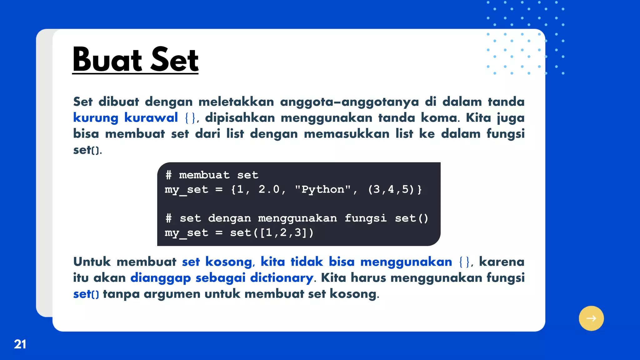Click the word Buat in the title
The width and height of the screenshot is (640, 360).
pyautogui.click(x=107, y=59)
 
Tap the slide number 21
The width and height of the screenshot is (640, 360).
pyautogui.click(x=20, y=344)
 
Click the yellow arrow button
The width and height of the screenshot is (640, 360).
pyautogui.click(x=591, y=318)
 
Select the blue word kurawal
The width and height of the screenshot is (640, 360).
pyautogui.click(x=151, y=118)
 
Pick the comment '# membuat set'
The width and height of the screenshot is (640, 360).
pyautogui.click(x=212, y=175)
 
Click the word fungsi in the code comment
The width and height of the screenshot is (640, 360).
pyautogui.click(x=365, y=218)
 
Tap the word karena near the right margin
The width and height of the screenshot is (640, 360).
pyautogui.click(x=502, y=262)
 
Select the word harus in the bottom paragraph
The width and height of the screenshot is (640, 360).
pyautogui.click(x=368, y=277)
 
